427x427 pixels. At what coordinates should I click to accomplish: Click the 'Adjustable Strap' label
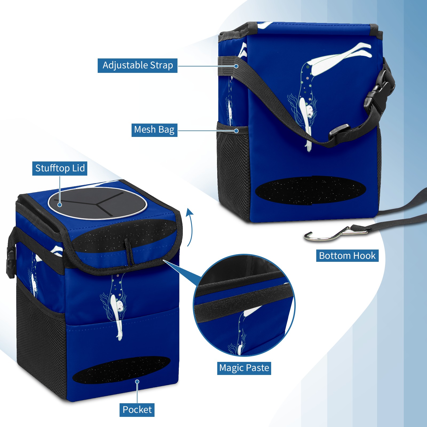coord(137,65)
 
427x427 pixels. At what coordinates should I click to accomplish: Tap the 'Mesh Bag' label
coord(154,130)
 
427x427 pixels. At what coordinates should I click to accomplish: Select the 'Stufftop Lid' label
coord(60,168)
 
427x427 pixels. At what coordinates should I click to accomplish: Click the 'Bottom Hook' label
coord(347,256)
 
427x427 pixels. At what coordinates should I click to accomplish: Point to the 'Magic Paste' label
coord(244,368)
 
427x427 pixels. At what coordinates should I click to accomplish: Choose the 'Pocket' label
coord(137,410)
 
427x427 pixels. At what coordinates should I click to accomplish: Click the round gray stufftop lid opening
coord(97,203)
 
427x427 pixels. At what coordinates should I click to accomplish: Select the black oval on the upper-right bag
coord(311,190)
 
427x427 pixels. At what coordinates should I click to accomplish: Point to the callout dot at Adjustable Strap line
coord(236,66)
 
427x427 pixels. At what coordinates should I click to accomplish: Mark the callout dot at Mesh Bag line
coord(236,131)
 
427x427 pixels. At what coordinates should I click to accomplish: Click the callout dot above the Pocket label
coord(137,382)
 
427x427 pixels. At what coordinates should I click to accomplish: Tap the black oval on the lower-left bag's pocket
coord(121,370)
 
